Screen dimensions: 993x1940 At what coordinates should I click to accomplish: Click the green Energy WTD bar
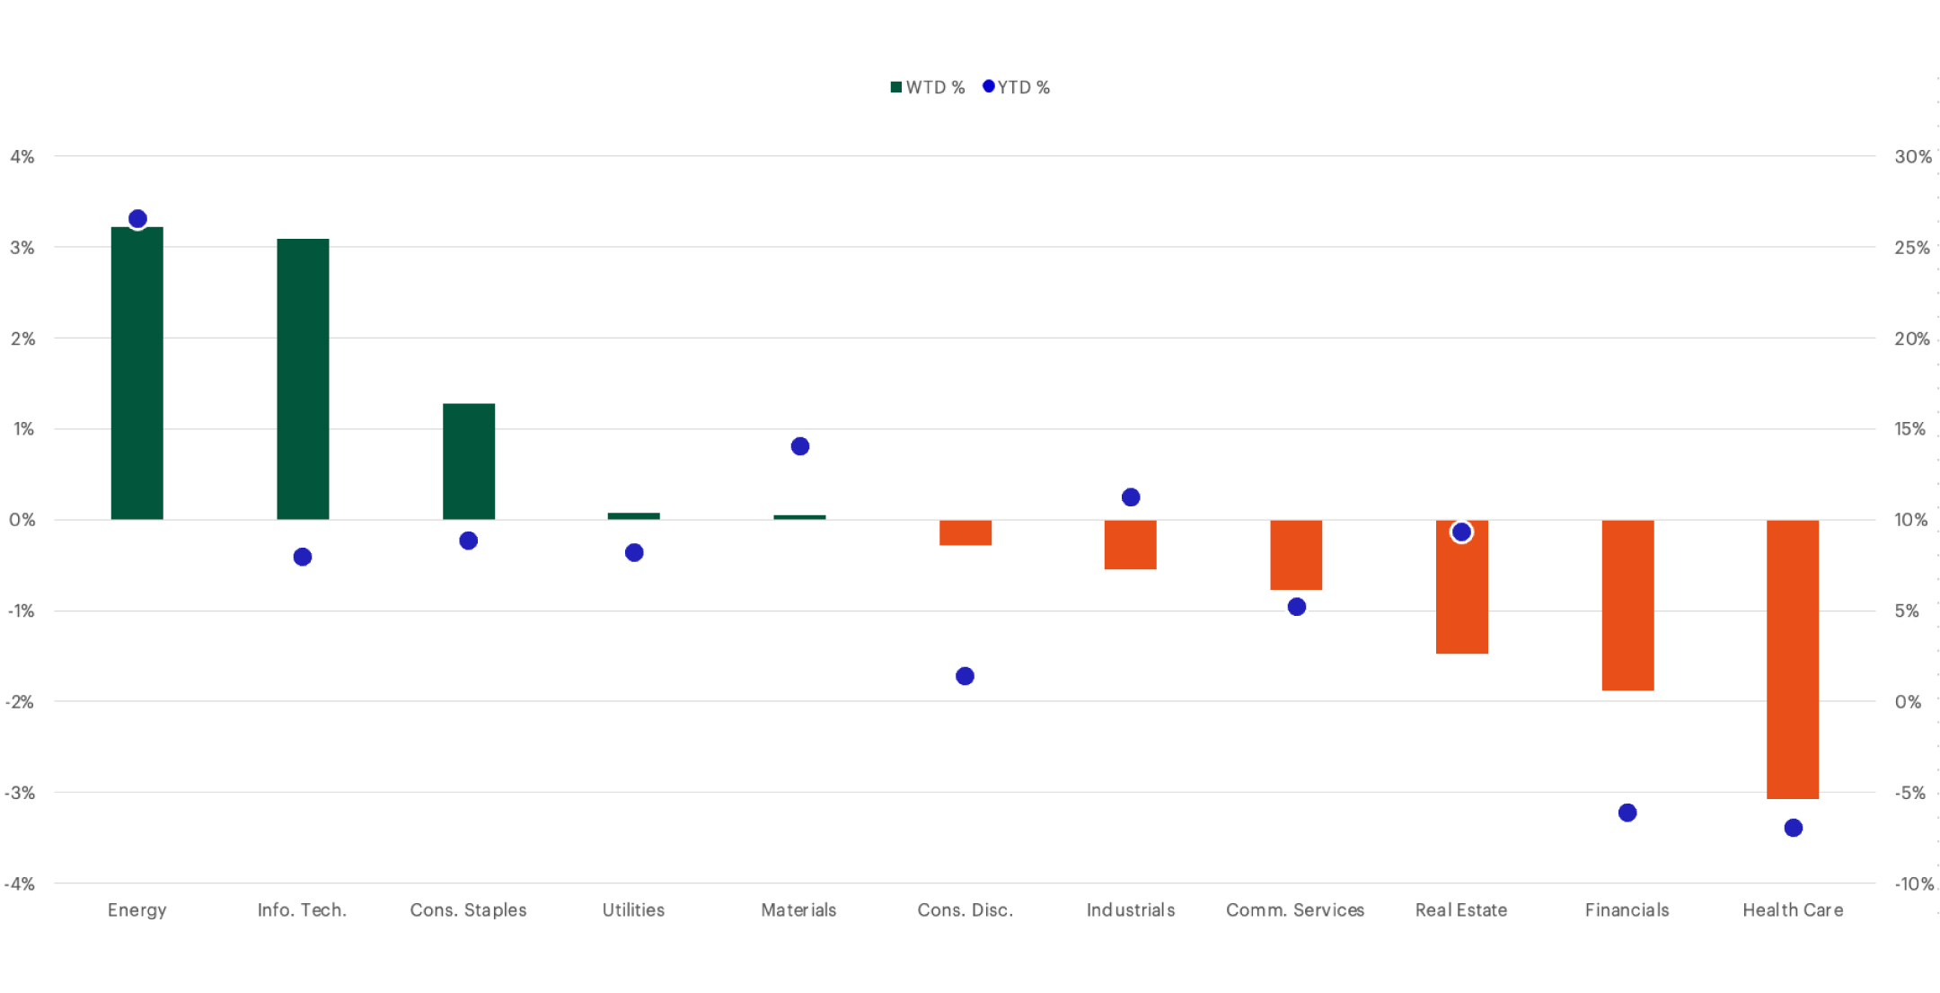137,373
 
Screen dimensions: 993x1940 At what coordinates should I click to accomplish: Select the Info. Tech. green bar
303,379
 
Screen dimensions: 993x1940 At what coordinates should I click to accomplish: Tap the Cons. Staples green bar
469,461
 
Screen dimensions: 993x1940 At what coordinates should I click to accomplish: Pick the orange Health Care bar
1793,659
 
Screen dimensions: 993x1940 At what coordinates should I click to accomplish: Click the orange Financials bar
1627,605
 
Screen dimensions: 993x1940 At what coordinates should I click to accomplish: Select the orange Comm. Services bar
1296,555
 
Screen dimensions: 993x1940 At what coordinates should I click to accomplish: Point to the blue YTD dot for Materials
800,446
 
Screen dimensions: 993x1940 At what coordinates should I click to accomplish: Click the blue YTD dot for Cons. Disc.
965,676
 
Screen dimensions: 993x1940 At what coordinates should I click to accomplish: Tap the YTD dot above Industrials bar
1131,497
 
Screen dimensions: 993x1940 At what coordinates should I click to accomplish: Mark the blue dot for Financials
1627,813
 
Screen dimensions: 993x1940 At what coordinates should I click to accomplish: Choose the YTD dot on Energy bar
137,219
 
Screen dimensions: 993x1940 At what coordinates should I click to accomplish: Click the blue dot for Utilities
634,552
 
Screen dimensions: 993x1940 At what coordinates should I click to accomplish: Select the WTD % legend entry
927,87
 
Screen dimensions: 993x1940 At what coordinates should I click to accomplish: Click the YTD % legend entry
1017,87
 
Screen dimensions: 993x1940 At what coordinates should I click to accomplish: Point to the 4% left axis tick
22,157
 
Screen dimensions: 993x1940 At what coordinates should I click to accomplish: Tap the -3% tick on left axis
20,793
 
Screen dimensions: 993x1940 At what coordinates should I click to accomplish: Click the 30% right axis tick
1912,157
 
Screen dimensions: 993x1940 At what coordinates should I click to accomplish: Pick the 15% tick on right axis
1910,429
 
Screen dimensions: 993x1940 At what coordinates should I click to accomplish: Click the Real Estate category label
1461,910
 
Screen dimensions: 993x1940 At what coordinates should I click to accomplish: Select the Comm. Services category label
1295,910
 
